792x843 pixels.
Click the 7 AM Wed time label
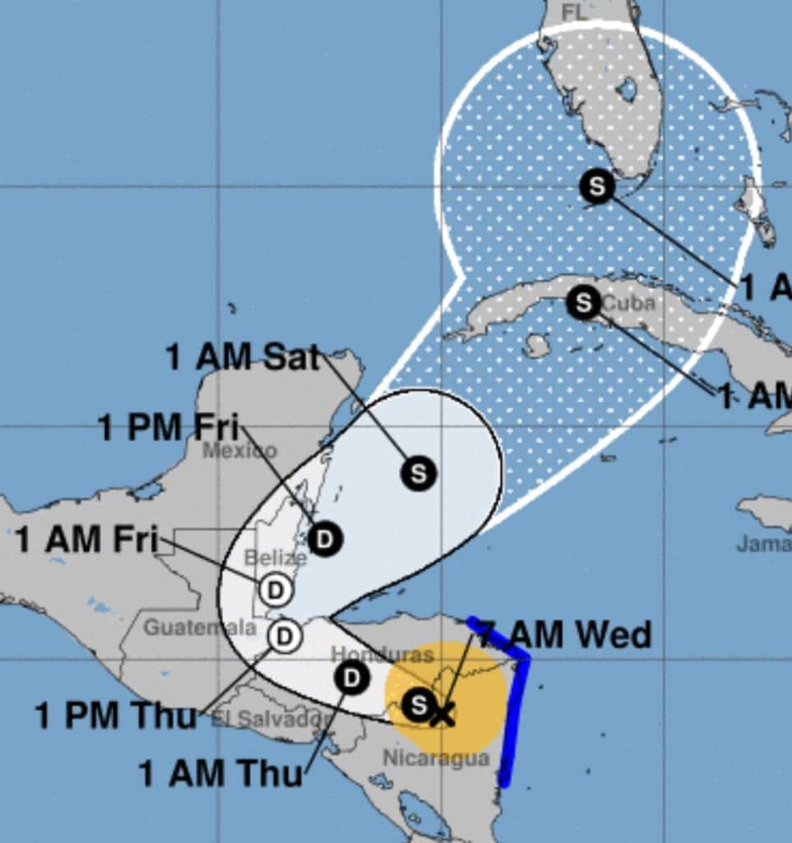coord(565,635)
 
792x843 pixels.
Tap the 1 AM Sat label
coord(243,357)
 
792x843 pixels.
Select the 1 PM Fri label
coord(169,428)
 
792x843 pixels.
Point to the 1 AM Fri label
coord(86,540)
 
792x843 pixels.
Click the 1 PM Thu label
coord(116,715)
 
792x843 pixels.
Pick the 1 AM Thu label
coord(220,773)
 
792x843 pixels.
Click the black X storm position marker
coord(442,713)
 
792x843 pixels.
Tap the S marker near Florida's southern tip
coord(596,186)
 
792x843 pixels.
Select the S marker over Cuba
coord(583,302)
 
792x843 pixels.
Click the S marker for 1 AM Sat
coord(419,473)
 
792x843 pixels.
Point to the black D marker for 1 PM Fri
coord(326,539)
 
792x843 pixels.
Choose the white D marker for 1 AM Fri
coord(276,590)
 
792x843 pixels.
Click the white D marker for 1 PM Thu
coord(284,636)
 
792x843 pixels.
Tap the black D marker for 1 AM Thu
coord(352,678)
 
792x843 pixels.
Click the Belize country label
coord(276,558)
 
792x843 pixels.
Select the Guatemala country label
coord(200,627)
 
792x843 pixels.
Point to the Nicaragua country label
coord(436,757)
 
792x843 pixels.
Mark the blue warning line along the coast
coord(516,716)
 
